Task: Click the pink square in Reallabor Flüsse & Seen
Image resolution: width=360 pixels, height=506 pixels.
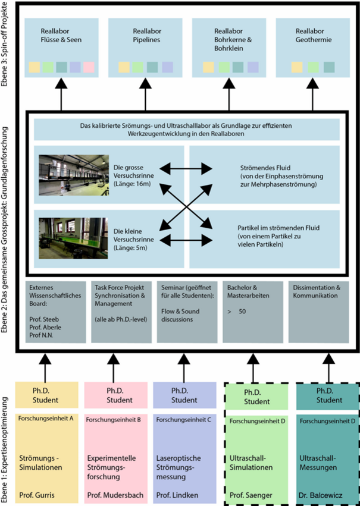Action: pyautogui.click(x=89, y=67)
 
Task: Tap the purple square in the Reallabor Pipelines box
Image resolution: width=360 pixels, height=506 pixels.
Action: pyautogui.click(x=167, y=67)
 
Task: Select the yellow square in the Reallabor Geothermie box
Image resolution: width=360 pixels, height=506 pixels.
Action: pyautogui.click(x=297, y=67)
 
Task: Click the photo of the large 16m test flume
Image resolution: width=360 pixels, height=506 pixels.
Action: pyautogui.click(x=74, y=175)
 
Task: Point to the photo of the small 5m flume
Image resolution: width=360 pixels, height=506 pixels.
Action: pyautogui.click(x=73, y=238)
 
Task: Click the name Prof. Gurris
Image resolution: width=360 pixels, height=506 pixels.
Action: pyautogui.click(x=36, y=495)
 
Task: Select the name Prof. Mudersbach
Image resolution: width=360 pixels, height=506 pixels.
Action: pyautogui.click(x=115, y=495)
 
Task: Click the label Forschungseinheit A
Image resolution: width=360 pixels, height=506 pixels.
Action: pyautogui.click(x=46, y=419)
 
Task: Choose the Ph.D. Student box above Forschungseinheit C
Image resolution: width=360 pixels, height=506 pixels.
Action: pyautogui.click(x=184, y=395)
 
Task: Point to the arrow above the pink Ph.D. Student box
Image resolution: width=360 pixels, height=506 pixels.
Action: pyautogui.click(x=113, y=368)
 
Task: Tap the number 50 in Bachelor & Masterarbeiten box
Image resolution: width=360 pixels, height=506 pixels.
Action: pyautogui.click(x=242, y=312)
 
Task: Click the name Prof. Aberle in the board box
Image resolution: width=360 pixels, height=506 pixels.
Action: pyautogui.click(x=45, y=327)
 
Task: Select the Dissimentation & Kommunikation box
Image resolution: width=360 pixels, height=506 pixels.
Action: pyautogui.click(x=319, y=312)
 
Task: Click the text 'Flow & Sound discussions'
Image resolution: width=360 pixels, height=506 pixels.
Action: pyautogui.click(x=180, y=315)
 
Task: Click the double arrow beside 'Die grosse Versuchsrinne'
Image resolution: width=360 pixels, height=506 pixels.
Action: pyautogui.click(x=186, y=168)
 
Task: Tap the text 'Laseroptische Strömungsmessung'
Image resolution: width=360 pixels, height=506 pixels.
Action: pyautogui.click(x=179, y=467)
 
